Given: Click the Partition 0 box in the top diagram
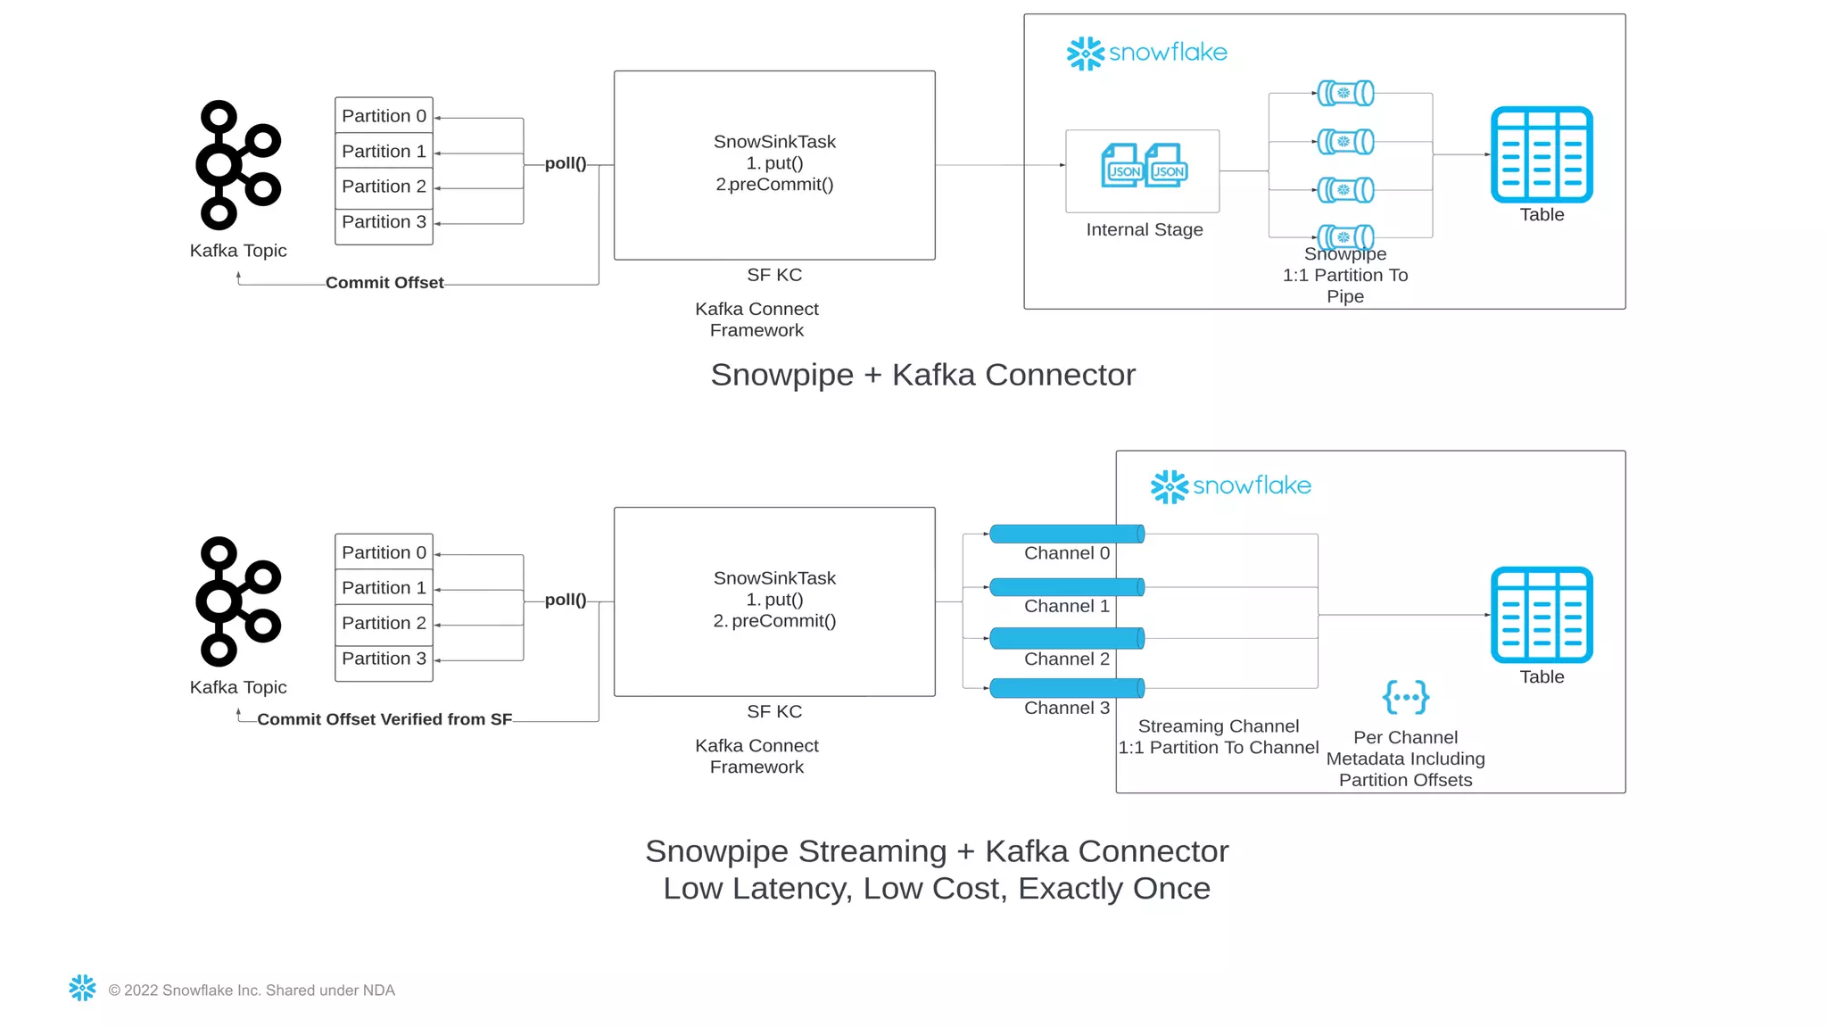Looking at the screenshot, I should (x=384, y=116).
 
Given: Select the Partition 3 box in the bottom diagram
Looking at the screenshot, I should (x=384, y=659).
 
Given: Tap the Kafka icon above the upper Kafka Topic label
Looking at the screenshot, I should (x=238, y=165).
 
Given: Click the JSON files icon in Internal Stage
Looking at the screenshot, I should (x=1144, y=166).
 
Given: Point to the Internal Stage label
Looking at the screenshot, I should (x=1144, y=229).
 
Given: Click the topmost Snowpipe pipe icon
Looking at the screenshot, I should (x=1345, y=93).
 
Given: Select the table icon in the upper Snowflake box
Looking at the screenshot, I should (x=1541, y=154).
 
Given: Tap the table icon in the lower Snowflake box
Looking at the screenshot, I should (x=1541, y=615).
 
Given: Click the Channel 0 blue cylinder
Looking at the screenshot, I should (x=1066, y=534).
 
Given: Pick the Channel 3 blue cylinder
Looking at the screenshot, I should (x=1066, y=688).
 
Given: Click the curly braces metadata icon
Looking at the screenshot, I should (x=1405, y=697).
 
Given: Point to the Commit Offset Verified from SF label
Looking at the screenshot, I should (x=384, y=719).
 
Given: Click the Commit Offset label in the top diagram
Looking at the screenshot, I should (x=384, y=283).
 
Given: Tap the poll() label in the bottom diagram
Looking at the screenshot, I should (x=566, y=600).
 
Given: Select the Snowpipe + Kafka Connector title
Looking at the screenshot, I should (x=922, y=375).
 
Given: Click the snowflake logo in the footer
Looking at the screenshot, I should (x=82, y=988).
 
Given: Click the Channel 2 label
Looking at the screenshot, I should (x=1066, y=659).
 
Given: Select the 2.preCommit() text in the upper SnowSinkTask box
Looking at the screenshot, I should (x=774, y=185).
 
